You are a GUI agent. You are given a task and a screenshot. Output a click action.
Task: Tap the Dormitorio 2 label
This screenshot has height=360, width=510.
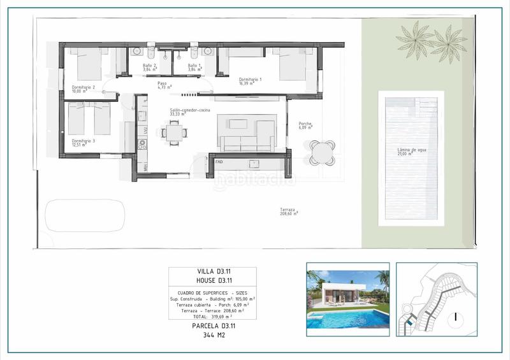pyautogui.click(x=84, y=89)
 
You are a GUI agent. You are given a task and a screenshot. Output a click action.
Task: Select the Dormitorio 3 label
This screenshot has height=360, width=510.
pyautogui.click(x=83, y=142)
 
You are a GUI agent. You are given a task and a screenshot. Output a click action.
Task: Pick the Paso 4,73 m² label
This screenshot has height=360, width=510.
pyautogui.click(x=164, y=86)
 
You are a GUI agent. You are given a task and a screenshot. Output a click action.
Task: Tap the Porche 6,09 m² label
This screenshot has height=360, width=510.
pyautogui.click(x=305, y=126)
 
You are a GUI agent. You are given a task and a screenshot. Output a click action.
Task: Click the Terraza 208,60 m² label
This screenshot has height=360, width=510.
pyautogui.click(x=289, y=212)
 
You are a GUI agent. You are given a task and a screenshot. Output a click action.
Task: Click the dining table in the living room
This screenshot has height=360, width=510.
pyautogui.click(x=174, y=132)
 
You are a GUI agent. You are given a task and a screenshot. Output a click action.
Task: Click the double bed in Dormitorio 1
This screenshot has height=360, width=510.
pyautogui.click(x=293, y=64)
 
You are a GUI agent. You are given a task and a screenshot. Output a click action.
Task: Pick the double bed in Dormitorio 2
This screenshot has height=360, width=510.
pyautogui.click(x=89, y=64)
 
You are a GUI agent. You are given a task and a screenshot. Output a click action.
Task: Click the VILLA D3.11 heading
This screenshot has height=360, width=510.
pyautogui.click(x=212, y=272)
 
